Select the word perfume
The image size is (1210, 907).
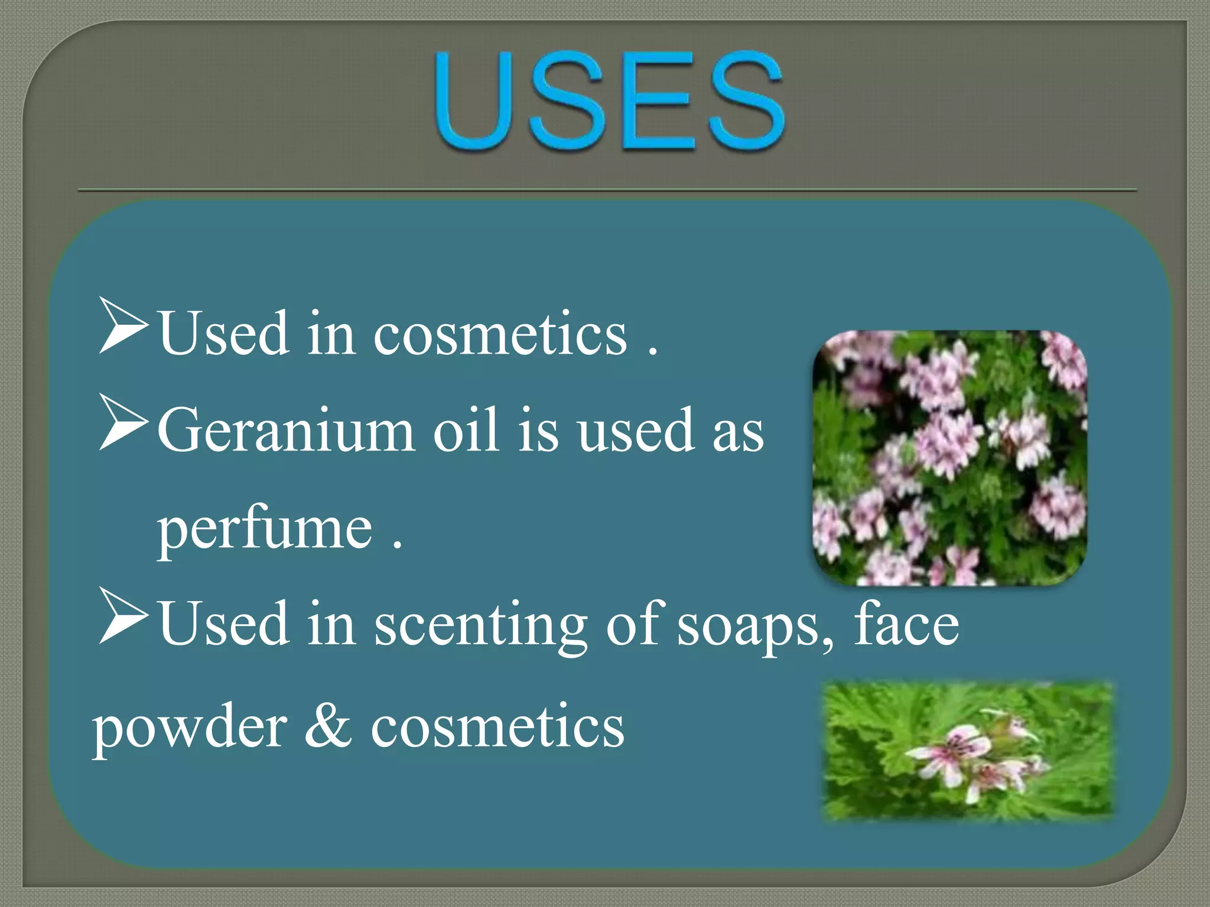pos(265,527)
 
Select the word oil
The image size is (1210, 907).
pos(466,430)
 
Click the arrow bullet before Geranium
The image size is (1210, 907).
pos(123,423)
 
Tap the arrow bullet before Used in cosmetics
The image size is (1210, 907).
pos(123,325)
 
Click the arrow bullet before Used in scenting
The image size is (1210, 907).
pos(123,615)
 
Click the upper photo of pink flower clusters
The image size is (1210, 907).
pos(949,458)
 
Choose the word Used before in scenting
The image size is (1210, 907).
pos(224,624)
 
